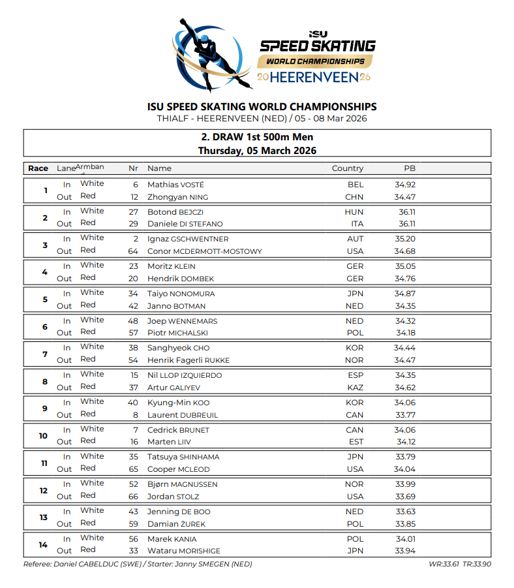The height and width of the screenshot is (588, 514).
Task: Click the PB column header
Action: pos(410,168)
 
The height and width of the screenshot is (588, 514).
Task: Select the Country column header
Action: pos(347,168)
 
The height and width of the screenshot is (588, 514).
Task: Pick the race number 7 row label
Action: pos(44,354)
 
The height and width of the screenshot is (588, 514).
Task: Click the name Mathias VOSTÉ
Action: pos(175,185)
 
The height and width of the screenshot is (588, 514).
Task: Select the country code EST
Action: pos(355,442)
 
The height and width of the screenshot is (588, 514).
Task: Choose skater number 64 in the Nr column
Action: pos(133,251)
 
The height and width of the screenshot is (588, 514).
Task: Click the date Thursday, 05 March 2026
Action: pos(257,151)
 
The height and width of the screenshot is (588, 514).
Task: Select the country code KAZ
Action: pos(355,388)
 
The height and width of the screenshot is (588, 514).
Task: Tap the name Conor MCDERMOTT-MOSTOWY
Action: pos(204,251)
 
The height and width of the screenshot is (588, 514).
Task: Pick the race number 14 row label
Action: pos(44,544)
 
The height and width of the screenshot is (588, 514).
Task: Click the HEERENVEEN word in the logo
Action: pos(314,78)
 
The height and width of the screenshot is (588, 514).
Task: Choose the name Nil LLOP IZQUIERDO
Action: pos(185,375)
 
